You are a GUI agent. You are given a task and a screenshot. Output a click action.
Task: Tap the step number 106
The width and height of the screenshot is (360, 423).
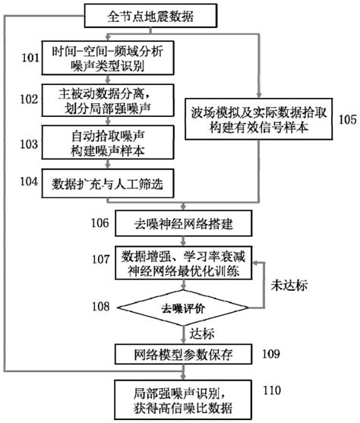pyautogui.click(x=99, y=223)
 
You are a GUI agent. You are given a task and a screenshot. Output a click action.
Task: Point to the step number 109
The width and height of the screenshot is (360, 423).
pyautogui.click(x=271, y=354)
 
